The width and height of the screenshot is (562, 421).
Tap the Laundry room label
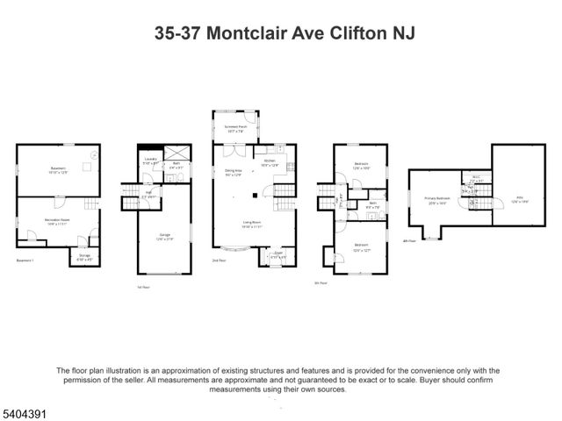point(149,161)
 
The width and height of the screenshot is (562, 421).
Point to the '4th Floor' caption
point(408,240)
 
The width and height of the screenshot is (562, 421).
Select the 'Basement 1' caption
point(26,260)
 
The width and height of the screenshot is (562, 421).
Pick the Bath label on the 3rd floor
point(372,203)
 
